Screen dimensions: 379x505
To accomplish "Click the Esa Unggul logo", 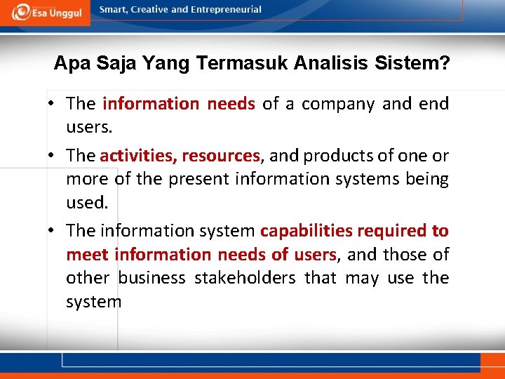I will pyautogui.click(x=46, y=12).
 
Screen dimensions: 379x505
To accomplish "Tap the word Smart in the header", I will pyautogui.click(x=114, y=10).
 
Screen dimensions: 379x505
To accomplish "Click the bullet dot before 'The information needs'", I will pyautogui.click(x=53, y=105).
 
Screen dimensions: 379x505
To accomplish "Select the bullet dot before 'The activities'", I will pyautogui.click(x=53, y=156).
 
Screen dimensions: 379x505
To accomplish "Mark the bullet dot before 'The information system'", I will pyautogui.click(x=53, y=231).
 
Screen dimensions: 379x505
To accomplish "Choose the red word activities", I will pyautogui.click(x=137, y=156).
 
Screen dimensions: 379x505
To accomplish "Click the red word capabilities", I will pyautogui.click(x=306, y=231).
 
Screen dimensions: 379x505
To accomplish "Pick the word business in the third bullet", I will pyautogui.click(x=151, y=278).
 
